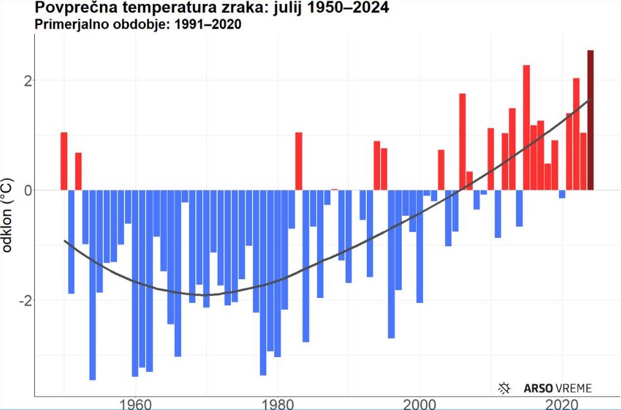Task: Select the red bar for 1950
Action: [x=64, y=161]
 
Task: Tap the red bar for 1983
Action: [x=299, y=161]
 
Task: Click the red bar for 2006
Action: [x=462, y=142]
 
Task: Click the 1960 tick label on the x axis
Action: [x=135, y=404]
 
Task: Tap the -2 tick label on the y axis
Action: [x=23, y=301]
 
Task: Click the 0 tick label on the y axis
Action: [x=26, y=191]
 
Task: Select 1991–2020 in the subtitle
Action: [x=206, y=25]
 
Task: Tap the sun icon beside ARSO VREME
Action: [x=505, y=388]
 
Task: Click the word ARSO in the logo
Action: [x=537, y=388]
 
